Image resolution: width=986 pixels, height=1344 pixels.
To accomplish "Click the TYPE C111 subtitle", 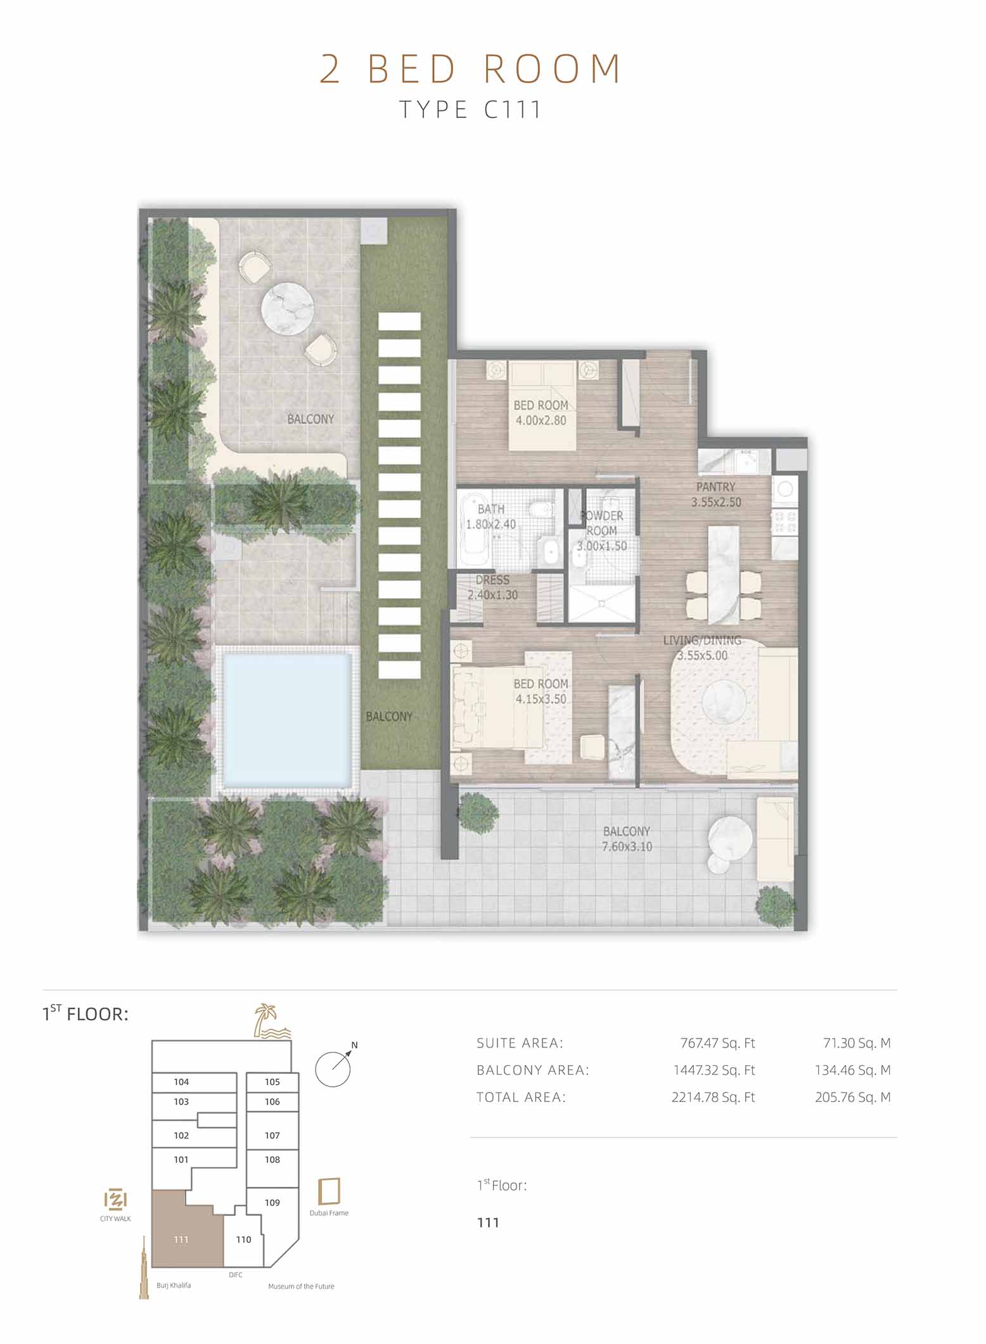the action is [470, 110].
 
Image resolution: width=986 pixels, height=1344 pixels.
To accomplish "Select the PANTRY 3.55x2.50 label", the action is [715, 494].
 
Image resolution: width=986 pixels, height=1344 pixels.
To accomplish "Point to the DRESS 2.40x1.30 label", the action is [492, 587].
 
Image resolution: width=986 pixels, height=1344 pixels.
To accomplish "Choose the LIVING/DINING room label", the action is [702, 648].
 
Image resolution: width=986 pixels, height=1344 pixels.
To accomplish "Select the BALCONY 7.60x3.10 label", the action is [627, 838].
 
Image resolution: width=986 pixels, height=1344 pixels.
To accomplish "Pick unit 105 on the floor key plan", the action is [272, 1082].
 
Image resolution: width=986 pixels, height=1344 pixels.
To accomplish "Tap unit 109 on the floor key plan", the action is [272, 1202].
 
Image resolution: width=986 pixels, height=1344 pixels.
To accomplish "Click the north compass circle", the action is [333, 1070].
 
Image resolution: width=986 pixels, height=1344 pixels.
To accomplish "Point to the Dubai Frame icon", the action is [329, 1191].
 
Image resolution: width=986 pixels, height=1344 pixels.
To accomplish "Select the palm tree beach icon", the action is [271, 1021].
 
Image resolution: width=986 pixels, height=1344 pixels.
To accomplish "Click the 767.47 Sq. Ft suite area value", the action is [717, 1043].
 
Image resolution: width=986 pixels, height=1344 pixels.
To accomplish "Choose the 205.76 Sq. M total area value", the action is [853, 1098].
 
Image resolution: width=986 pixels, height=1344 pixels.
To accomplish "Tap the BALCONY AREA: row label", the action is [533, 1070].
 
